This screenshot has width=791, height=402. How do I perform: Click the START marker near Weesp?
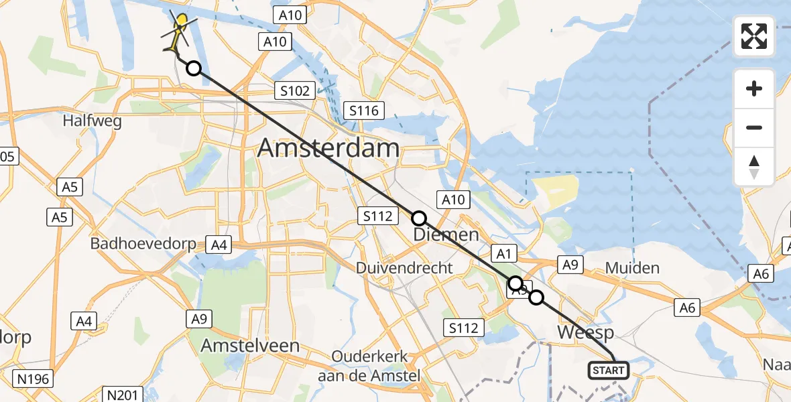tap(609, 370)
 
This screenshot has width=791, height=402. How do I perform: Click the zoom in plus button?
tap(754, 88)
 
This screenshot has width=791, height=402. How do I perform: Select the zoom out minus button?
tap(754, 127)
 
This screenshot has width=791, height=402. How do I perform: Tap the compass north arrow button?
tap(754, 166)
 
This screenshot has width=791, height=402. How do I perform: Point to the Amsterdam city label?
tap(328, 147)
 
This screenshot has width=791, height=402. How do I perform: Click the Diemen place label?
tap(446, 234)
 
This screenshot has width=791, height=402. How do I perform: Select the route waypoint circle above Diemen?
tap(418, 218)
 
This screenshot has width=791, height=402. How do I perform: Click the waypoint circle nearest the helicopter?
tap(193, 68)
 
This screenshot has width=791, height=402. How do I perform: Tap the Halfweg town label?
tap(91, 121)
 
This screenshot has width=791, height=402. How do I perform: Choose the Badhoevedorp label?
tap(143, 243)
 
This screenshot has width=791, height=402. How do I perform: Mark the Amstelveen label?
tap(251, 345)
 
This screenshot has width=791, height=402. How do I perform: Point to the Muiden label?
tap(632, 268)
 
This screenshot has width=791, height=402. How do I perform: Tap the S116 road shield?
tap(361, 111)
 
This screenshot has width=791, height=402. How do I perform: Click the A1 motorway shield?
tap(504, 253)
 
